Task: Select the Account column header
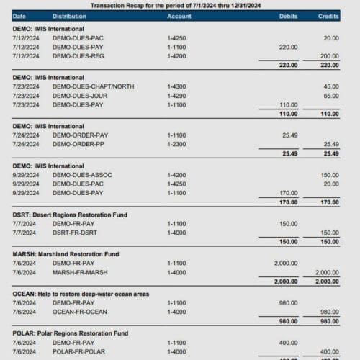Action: [x=179, y=15]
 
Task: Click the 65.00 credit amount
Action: [x=331, y=95]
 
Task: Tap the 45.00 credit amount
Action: [x=331, y=86]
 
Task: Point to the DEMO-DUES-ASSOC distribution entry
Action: [x=82, y=175]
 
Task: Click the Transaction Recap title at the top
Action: [x=180, y=4]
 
